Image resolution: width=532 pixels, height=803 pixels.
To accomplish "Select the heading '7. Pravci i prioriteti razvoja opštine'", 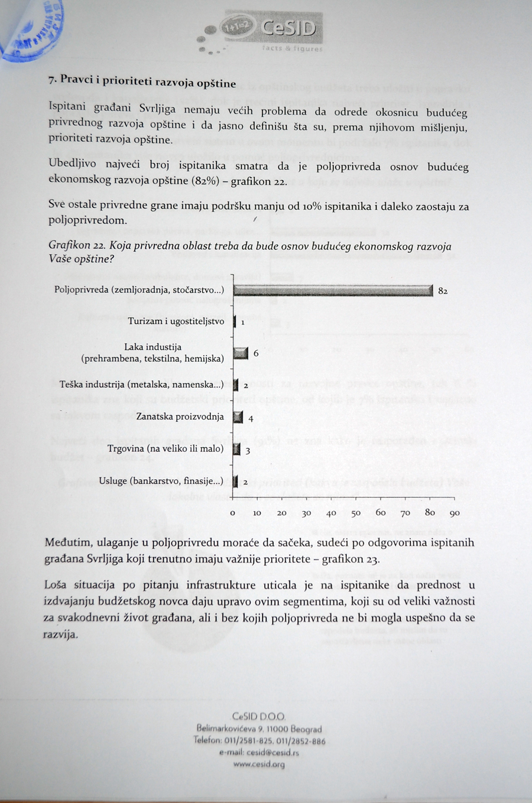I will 142,82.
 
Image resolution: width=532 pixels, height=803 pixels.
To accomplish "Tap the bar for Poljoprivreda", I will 333,290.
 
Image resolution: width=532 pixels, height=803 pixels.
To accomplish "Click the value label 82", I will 443,291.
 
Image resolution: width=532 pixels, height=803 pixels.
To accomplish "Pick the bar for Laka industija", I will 241,353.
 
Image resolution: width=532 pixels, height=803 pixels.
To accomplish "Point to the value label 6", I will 256,353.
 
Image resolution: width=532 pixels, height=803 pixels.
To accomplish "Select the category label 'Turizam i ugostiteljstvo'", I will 176,321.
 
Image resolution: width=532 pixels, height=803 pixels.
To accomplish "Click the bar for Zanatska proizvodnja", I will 238,417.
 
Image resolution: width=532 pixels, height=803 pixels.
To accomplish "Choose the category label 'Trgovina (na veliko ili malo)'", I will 166,448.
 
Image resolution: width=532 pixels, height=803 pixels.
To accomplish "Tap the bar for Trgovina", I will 237,450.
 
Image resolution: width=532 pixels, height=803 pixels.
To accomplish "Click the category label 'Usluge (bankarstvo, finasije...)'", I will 161,481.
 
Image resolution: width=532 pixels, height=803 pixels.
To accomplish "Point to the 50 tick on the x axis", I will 356,513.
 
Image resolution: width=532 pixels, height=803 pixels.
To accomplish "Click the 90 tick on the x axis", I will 454,513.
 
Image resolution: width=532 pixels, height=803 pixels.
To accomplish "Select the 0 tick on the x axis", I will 233,513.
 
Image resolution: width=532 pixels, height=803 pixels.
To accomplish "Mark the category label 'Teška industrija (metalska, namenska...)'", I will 142,385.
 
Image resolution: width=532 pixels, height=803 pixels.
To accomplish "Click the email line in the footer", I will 259,753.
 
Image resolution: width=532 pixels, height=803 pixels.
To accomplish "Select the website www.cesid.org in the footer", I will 259,764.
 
